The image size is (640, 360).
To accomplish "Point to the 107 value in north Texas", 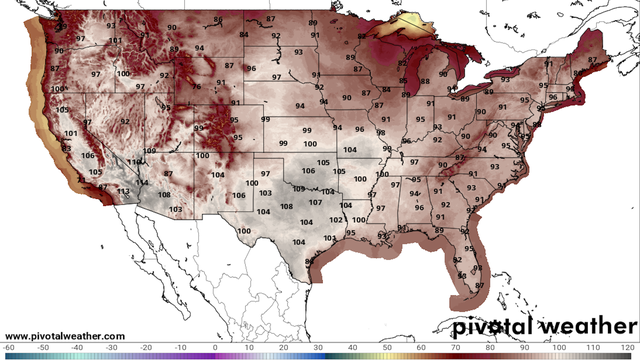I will (315, 202).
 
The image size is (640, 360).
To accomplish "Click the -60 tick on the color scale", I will (9, 346).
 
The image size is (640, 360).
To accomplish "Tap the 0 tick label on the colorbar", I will (216, 346).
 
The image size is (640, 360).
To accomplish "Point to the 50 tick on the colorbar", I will (388, 346).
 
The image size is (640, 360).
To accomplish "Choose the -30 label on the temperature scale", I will (112, 346).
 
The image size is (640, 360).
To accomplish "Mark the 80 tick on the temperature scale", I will (492, 346).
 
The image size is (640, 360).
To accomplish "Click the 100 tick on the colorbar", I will (560, 346).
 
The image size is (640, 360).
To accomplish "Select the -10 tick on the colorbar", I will (181, 346).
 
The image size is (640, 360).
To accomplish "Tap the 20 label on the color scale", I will (285, 346).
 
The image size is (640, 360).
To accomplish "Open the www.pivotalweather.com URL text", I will (65, 335).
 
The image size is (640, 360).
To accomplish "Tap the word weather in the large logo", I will (589, 326).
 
